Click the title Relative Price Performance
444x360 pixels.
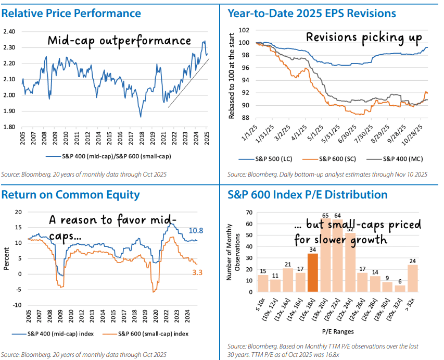(x=71, y=13)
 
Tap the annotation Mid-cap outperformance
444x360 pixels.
(x=119, y=41)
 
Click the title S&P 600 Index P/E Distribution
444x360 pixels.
(x=307, y=195)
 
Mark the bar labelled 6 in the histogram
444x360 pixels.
(x=400, y=289)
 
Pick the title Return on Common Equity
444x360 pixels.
(x=70, y=195)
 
